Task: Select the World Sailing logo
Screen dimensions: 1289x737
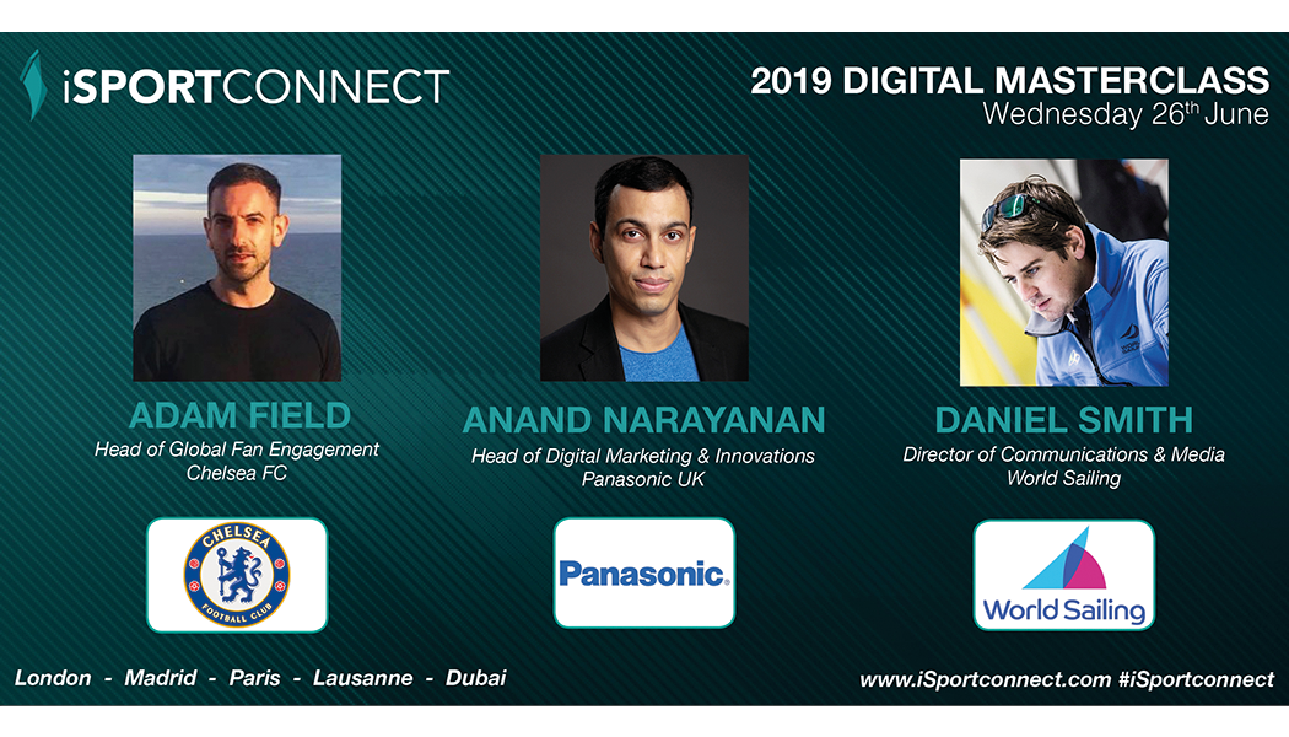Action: [1064, 575]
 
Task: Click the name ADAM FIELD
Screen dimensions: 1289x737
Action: [239, 416]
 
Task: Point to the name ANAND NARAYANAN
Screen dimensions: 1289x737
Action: [644, 420]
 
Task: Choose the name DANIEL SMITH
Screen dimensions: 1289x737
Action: [1064, 420]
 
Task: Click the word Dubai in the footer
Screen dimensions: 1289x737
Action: [476, 678]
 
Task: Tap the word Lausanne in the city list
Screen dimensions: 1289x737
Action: [362, 678]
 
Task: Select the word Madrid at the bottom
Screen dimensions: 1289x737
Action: [160, 678]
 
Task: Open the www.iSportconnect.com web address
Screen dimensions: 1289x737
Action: [986, 680]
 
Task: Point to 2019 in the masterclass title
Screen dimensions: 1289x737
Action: [791, 81]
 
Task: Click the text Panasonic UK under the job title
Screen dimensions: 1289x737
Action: [643, 479]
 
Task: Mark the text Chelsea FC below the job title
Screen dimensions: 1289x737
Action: [237, 474]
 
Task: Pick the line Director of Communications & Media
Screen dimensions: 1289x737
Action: [1064, 454]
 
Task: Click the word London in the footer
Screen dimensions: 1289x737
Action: [53, 678]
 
